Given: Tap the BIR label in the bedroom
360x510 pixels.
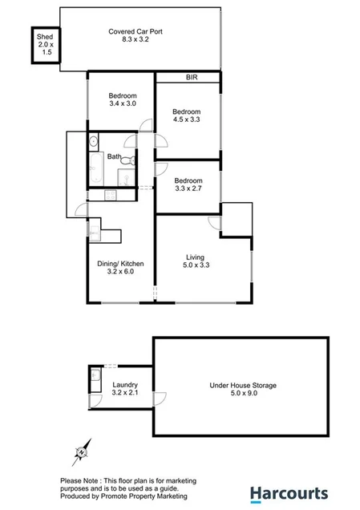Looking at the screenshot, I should click(191, 78).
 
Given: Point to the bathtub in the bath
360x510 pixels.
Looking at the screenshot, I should click(95, 170).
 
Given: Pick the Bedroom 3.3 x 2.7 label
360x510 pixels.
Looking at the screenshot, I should click(188, 185).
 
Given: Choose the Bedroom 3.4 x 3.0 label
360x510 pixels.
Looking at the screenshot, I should click(123, 99).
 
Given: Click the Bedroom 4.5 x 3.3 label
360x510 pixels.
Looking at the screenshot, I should click(186, 116).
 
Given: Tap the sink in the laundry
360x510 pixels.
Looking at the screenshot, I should click(96, 374).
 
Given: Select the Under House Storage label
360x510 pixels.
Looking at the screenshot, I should click(242, 390).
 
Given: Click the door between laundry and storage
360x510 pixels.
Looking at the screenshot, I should click(159, 396).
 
